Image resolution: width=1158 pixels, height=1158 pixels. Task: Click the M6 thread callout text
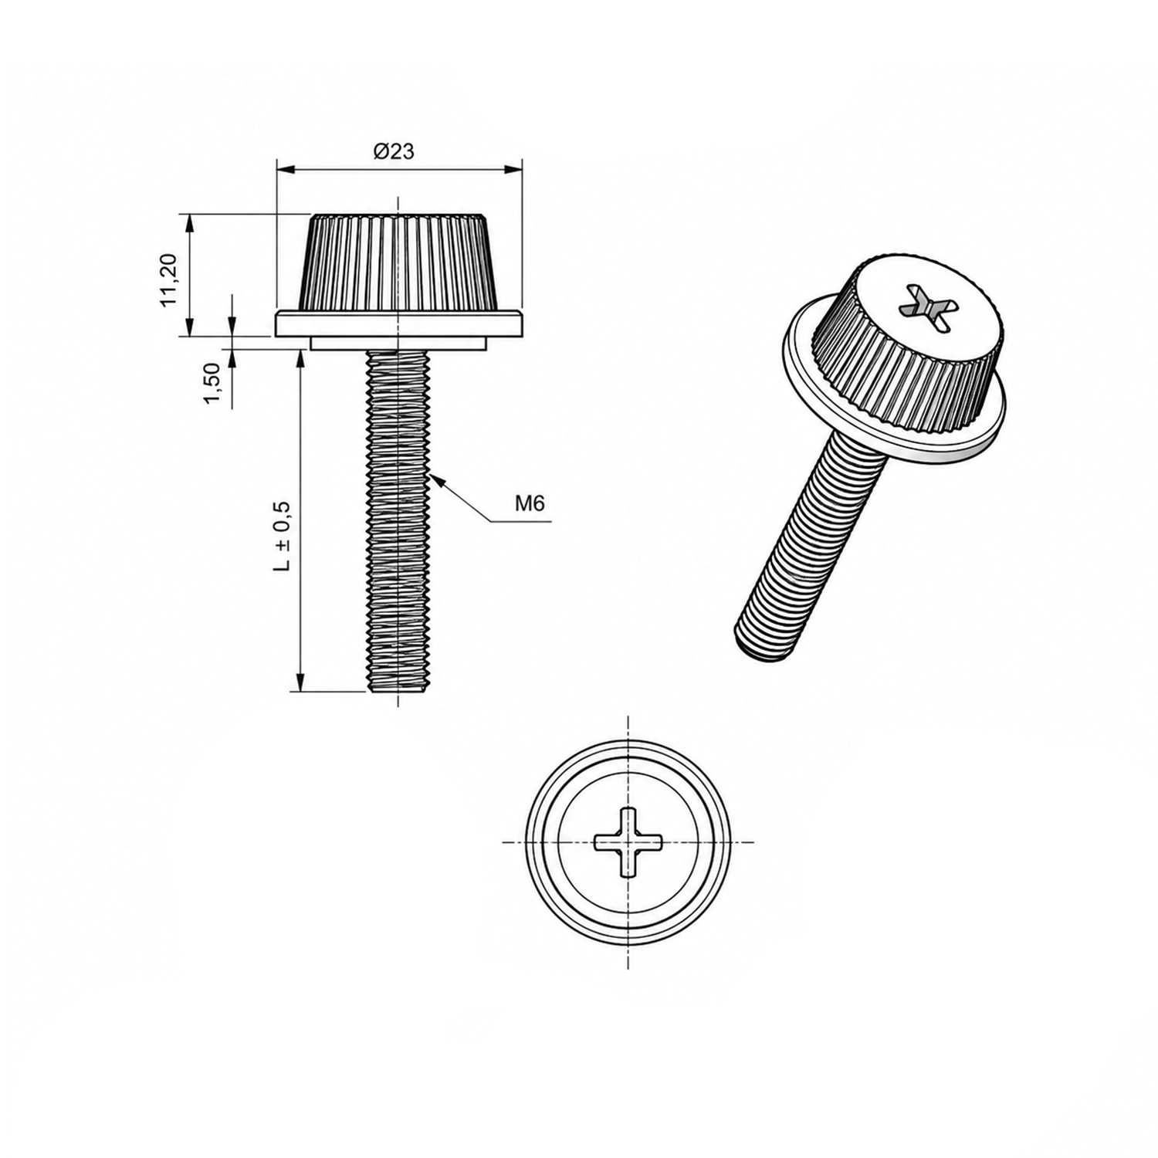530,504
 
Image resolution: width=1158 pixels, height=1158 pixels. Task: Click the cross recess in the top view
628,842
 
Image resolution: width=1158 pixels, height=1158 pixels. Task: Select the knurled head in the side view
398,262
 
